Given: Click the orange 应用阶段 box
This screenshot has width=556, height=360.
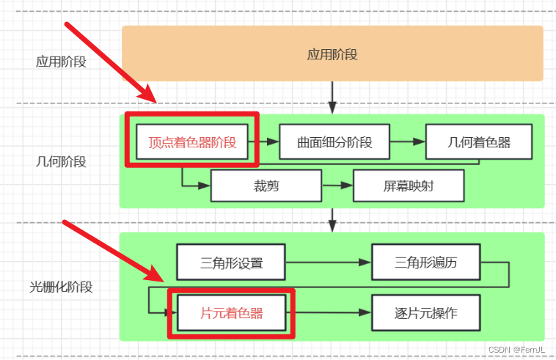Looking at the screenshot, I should tap(332, 54).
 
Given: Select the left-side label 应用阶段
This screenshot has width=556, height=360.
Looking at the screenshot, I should tap(61, 62).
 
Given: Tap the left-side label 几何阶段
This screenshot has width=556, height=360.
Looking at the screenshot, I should tap(61, 162).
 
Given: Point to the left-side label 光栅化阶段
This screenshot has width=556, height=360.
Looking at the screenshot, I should tap(61, 287).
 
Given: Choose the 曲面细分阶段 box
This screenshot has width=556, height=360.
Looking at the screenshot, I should tap(334, 142).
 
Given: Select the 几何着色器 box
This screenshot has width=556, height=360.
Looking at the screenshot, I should tap(479, 142).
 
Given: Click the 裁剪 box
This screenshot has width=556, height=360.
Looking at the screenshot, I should tap(266, 185).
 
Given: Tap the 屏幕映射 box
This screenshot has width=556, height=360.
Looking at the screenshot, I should tap(409, 185).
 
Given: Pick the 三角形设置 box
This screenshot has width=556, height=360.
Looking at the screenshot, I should tap(231, 262).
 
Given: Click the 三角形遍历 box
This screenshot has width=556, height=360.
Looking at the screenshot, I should tap(425, 262).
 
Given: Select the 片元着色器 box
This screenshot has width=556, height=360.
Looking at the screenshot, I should tap(231, 313).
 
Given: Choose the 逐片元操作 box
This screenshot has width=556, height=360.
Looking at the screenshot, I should tap(425, 313).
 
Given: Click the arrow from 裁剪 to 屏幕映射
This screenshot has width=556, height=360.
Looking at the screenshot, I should tap(337, 185).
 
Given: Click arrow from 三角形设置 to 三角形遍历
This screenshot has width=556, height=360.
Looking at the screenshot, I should tap(329, 262).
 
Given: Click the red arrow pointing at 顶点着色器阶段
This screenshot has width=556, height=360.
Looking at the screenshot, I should tap(110, 63).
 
